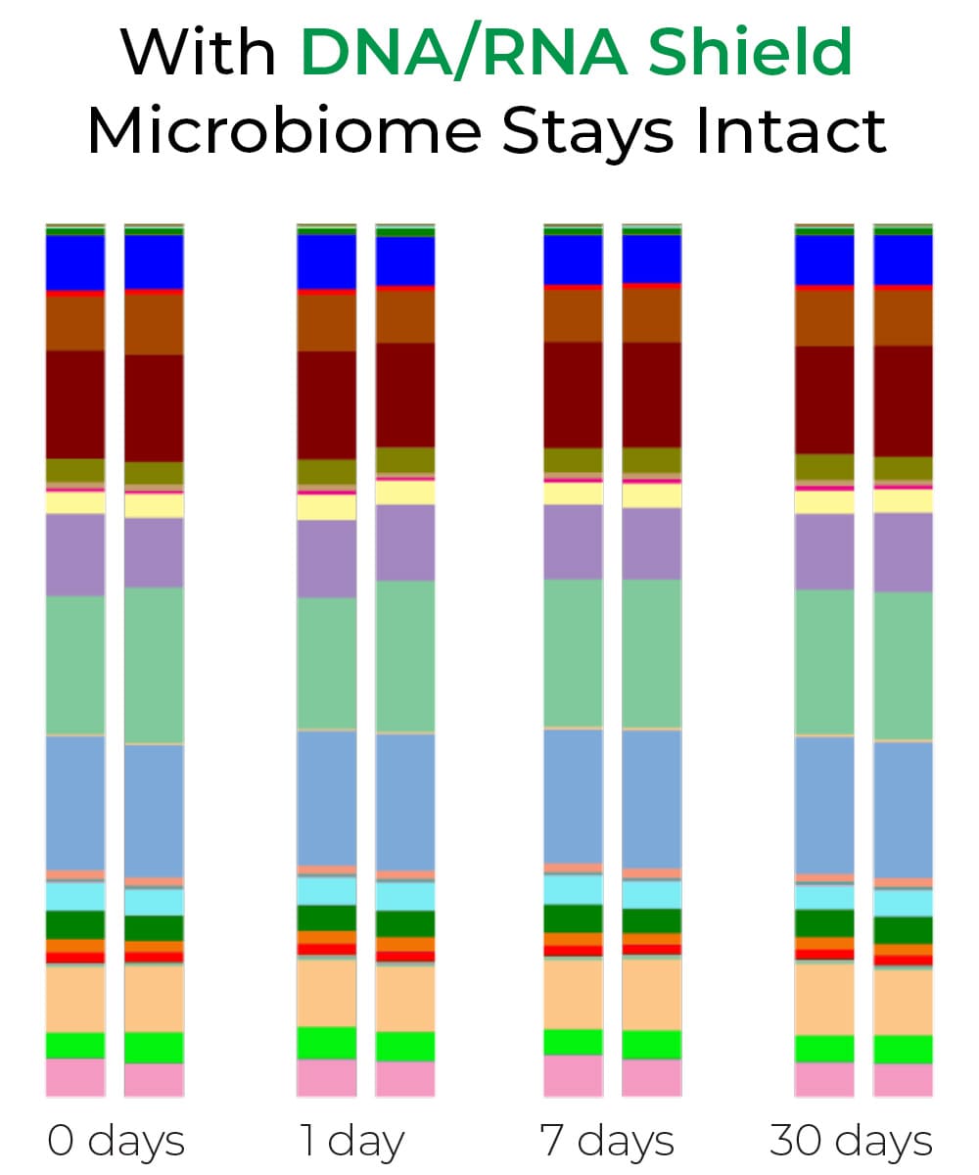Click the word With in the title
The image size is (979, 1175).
coord(198,52)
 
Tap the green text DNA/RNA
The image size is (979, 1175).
coord(464,52)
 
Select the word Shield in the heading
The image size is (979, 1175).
coord(751,50)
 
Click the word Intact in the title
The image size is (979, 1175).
coord(791,130)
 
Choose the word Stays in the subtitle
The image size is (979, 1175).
coord(587,135)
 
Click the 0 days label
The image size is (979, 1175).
coord(116,1142)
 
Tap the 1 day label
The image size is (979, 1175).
coord(352,1142)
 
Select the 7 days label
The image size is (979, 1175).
coord(607,1142)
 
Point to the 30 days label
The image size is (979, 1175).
coord(851,1142)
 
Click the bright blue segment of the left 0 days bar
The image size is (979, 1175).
coord(75,262)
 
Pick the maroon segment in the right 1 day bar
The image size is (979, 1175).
coord(405,395)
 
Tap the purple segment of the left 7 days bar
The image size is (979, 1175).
coord(574,541)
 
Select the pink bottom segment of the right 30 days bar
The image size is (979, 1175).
coord(903,1080)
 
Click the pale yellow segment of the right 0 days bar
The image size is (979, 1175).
coord(154,505)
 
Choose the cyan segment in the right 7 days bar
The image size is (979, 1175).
coord(652,895)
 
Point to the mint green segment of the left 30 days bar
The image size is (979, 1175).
coord(824,662)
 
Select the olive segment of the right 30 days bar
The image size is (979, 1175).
coord(903,468)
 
